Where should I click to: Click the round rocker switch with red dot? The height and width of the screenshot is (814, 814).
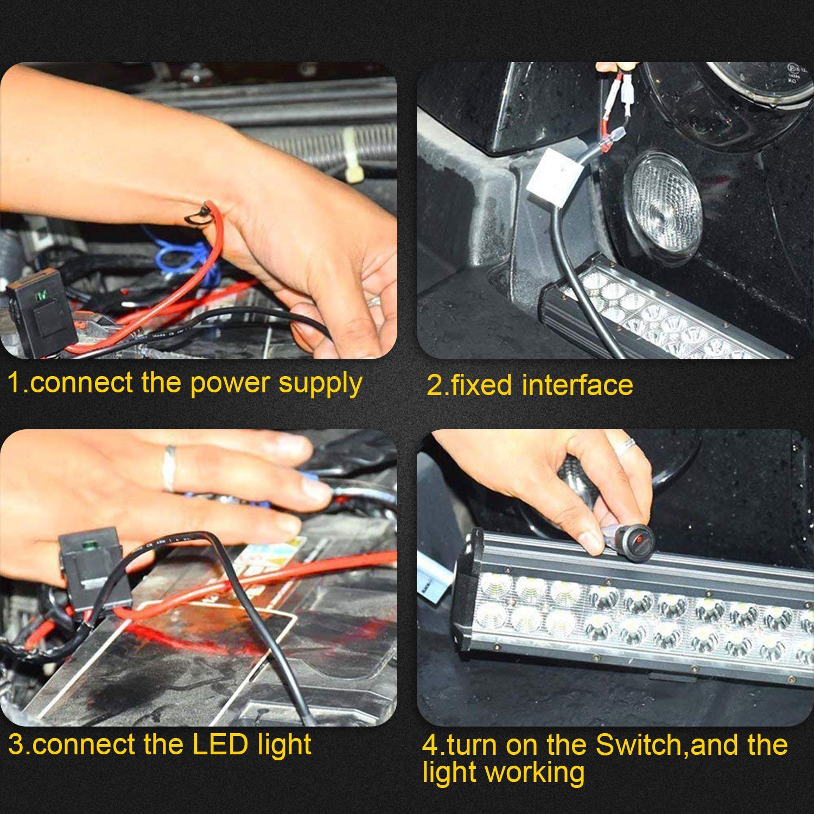635,539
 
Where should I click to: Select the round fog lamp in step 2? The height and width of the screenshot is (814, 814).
663,208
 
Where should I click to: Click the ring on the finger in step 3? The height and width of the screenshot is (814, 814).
170,468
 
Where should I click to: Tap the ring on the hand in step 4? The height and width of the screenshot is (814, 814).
625,447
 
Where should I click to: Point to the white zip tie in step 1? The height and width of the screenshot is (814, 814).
352,155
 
